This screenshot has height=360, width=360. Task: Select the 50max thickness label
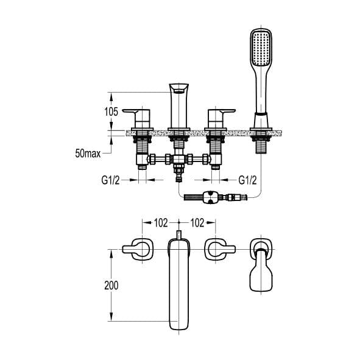point(88,153)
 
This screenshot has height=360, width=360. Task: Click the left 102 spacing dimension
point(160,223)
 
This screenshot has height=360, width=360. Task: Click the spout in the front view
point(179,104)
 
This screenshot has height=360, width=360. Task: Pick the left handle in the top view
point(139,249)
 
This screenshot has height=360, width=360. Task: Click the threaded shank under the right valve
point(216,146)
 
